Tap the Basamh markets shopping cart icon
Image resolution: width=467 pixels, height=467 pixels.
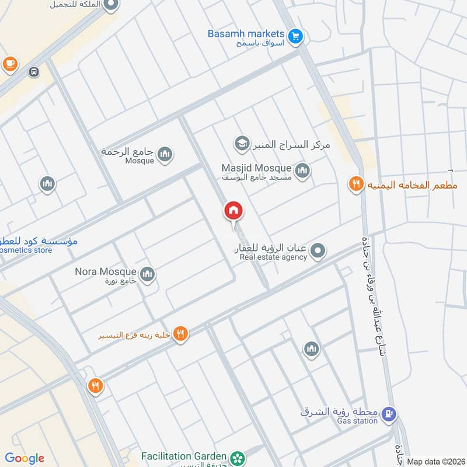[296, 36]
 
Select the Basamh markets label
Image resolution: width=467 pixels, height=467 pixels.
[246, 34]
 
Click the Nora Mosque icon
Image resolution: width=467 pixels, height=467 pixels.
[148, 273]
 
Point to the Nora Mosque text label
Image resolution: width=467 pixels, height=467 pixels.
[105, 271]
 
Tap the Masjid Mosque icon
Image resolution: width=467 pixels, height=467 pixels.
[302, 170]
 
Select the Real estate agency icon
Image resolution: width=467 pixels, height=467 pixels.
[318, 252]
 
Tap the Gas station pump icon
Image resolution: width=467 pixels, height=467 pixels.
[389, 415]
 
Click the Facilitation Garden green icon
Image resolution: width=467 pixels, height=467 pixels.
[237, 457]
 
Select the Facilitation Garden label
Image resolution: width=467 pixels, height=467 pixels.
[183, 455]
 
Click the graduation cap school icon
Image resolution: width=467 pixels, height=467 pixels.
[241, 142]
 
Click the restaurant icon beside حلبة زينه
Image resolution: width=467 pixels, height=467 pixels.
[180, 334]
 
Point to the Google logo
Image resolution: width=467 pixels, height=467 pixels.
[25, 458]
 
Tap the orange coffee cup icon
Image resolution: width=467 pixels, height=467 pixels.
[10, 64]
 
